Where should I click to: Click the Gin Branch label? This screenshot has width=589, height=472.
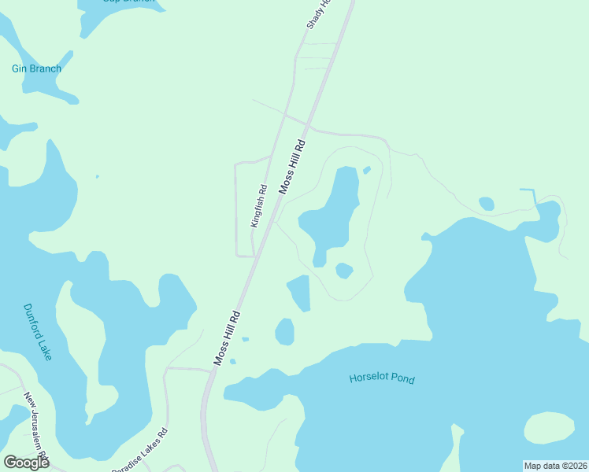pyautogui.click(x=36, y=68)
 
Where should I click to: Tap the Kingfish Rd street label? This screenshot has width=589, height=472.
pyautogui.click(x=259, y=206)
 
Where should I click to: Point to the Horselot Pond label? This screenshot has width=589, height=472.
pyautogui.click(x=381, y=379)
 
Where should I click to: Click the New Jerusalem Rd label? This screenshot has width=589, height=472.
pyautogui.click(x=35, y=425)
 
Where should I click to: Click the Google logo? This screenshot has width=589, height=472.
pyautogui.click(x=26, y=462)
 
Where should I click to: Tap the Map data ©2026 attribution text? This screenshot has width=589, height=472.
pyautogui.click(x=555, y=466)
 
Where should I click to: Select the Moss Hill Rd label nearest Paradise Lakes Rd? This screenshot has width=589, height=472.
pyautogui.click(x=227, y=337)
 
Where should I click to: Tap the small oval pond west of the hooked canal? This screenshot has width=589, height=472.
pyautogui.click(x=487, y=204)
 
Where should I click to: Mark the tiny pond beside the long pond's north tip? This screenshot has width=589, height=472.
pyautogui.click(x=366, y=170)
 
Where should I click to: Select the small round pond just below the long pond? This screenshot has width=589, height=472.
pyautogui.click(x=343, y=271)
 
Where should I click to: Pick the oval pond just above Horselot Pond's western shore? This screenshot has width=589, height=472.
pyautogui.click(x=284, y=331)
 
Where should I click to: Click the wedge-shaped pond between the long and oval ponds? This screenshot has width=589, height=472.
pyautogui.click(x=300, y=292)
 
